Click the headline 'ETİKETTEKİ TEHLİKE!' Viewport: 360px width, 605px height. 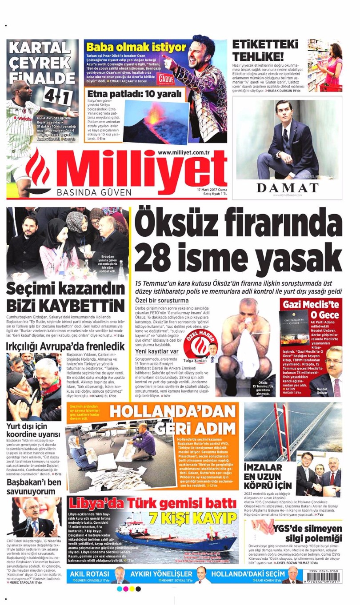259,51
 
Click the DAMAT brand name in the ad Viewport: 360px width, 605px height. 288,187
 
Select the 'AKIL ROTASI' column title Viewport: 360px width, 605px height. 90,573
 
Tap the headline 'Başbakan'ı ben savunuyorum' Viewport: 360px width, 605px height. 34,487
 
